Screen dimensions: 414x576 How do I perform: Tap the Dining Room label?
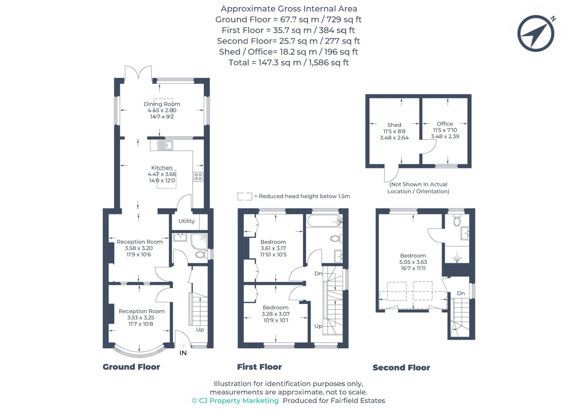(x=162, y=104)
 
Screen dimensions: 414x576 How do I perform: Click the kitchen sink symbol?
(x=165, y=145)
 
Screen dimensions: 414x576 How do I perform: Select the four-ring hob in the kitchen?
(x=198, y=177)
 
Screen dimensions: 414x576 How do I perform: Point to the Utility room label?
(x=187, y=221)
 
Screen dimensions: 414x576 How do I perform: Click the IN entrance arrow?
(x=183, y=346)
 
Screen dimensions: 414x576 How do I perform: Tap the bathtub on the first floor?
(x=324, y=221)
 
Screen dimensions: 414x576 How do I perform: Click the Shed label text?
(x=394, y=125)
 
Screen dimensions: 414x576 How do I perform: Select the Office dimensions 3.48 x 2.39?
(x=445, y=137)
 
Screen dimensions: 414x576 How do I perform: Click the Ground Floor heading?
(x=131, y=367)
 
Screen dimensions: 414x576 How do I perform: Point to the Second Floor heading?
(x=401, y=368)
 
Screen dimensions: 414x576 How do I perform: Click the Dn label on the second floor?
(x=461, y=293)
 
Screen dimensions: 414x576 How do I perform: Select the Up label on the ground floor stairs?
(x=200, y=330)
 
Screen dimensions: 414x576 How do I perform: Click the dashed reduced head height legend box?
(x=245, y=196)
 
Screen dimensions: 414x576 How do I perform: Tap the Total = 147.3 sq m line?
(x=288, y=63)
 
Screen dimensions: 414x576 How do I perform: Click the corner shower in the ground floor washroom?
(x=199, y=241)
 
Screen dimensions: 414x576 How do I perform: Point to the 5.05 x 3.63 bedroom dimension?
(x=413, y=262)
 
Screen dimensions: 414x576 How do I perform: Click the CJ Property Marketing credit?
(x=235, y=401)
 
